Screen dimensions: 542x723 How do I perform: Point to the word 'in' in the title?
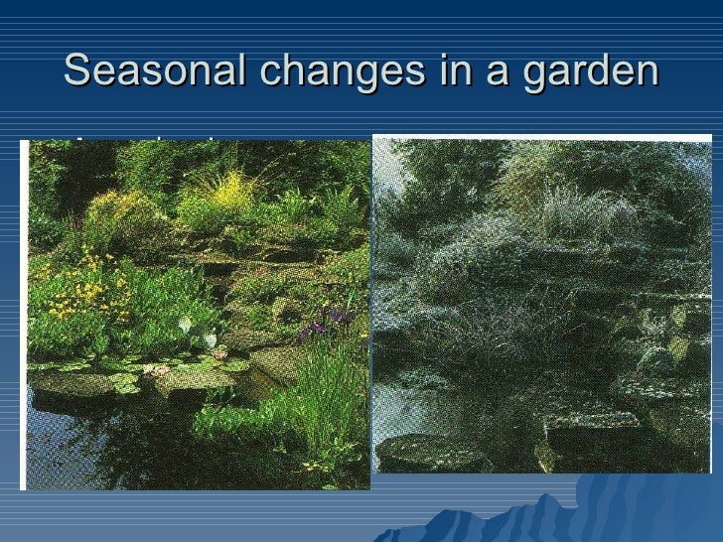440,71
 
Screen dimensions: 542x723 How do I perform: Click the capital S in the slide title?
76,71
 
